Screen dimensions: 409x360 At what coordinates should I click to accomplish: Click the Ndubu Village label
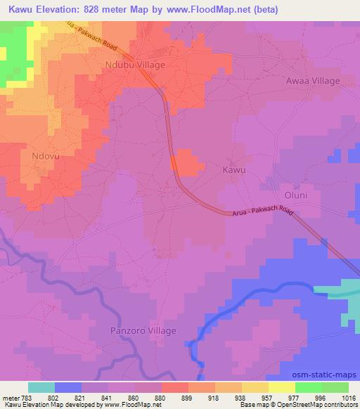coord(136,65)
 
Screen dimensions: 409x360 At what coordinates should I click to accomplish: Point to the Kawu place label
coord(234,170)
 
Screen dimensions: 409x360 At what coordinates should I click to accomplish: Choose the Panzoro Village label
coord(143,330)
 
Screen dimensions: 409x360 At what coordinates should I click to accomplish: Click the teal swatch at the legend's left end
coord(41,387)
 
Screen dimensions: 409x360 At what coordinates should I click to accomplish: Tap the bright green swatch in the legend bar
coord(309,387)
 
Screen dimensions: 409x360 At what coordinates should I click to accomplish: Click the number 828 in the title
coord(96,10)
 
